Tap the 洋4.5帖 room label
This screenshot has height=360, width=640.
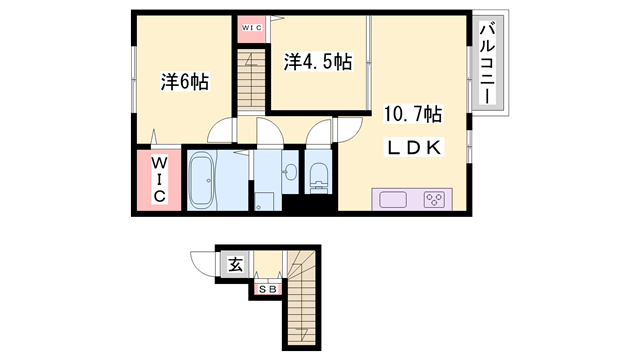coord(317,62)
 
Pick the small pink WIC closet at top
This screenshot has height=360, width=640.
coord(250,28)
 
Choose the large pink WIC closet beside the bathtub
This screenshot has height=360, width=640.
coord(158,179)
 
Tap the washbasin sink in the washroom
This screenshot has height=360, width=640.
coord(290,170)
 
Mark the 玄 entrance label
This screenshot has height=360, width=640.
coord(234,265)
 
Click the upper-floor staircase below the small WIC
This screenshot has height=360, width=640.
coord(253,76)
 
